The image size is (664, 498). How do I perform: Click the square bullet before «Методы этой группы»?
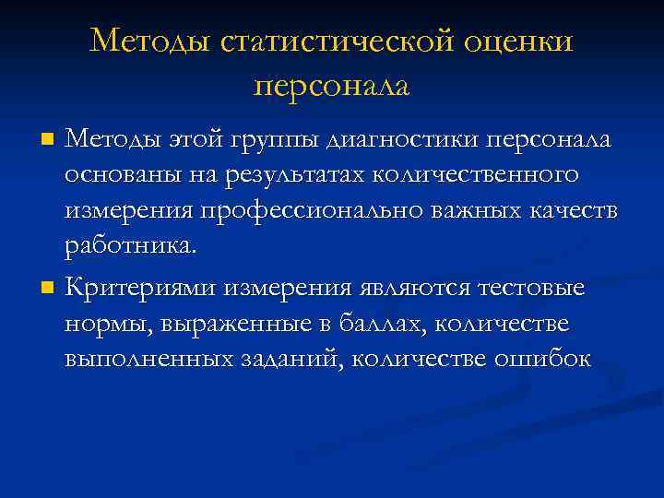pyautogui.click(x=49, y=140)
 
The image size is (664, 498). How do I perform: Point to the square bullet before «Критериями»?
pyautogui.click(x=49, y=288)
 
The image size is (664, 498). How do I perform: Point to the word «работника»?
pyautogui.click(x=129, y=245)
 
